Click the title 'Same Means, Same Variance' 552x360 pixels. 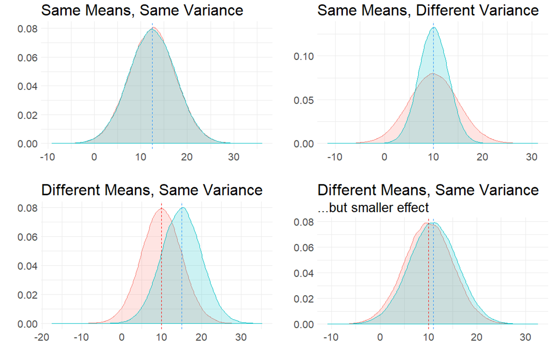[142, 10]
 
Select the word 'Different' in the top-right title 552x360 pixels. [446, 10]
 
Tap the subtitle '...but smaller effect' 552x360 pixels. [373, 207]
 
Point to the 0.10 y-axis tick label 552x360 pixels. [303, 57]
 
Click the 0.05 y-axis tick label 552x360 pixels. [303, 100]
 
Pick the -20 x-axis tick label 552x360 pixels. [41, 337]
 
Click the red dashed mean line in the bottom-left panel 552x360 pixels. [161, 279]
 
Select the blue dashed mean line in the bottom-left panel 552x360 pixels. [182, 279]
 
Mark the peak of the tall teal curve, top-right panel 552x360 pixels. [434, 27]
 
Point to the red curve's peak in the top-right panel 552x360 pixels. [433, 74]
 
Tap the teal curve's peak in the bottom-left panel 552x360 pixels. [183, 207]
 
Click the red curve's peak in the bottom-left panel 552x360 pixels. [161, 208]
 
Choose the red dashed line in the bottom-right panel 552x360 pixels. [428, 279]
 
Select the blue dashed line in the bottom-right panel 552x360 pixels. [434, 279]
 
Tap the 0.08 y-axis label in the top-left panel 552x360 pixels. [27, 29]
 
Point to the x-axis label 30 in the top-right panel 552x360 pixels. [531, 157]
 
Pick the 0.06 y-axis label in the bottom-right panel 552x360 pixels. [303, 248]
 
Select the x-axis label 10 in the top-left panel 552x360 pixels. [140, 157]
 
